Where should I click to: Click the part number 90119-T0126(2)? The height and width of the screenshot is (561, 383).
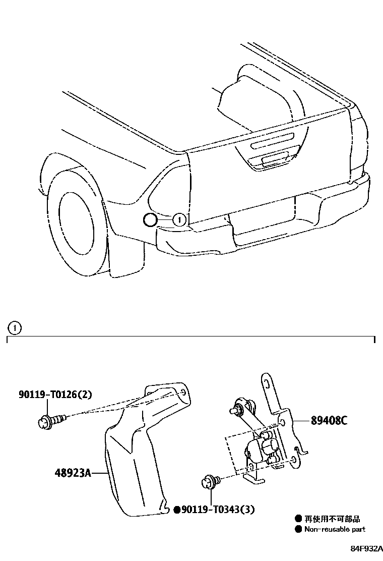[x=56, y=395]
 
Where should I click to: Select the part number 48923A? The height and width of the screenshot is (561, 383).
[x=73, y=473]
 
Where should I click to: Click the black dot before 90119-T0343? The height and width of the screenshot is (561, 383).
[x=177, y=510]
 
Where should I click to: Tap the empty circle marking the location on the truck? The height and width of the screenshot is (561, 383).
[x=150, y=219]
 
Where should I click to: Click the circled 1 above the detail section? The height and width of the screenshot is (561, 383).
[x=15, y=328]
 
